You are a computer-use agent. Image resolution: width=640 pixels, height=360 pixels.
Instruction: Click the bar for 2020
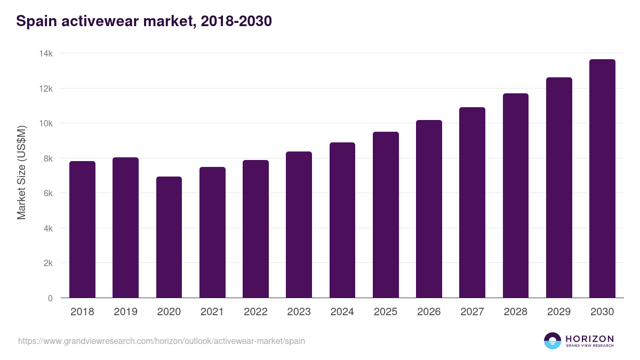169,237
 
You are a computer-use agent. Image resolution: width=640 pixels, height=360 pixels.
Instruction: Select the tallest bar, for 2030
602,179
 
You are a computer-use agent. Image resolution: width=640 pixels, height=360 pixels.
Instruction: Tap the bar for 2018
82,229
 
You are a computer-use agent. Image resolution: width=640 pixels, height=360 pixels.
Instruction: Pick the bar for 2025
386,215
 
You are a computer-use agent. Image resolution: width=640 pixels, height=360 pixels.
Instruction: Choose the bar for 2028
516,196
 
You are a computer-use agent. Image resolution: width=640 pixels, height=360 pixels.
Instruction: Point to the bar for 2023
299,225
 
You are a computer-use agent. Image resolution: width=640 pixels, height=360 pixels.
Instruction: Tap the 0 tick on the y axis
50,299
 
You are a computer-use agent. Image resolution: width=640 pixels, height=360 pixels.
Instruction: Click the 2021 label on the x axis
212,312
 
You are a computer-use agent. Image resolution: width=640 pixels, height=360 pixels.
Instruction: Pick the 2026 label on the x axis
429,312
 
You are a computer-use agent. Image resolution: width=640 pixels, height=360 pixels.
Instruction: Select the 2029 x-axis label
559,312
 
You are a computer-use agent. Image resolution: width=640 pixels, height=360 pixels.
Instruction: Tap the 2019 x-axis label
125,312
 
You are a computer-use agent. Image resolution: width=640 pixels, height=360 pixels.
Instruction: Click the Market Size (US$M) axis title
21,172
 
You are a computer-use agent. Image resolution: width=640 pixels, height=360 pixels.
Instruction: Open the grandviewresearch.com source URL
162,341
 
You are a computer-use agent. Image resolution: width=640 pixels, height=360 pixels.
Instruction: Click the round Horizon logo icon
553,341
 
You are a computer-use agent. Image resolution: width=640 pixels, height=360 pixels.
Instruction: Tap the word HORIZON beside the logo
589,338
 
